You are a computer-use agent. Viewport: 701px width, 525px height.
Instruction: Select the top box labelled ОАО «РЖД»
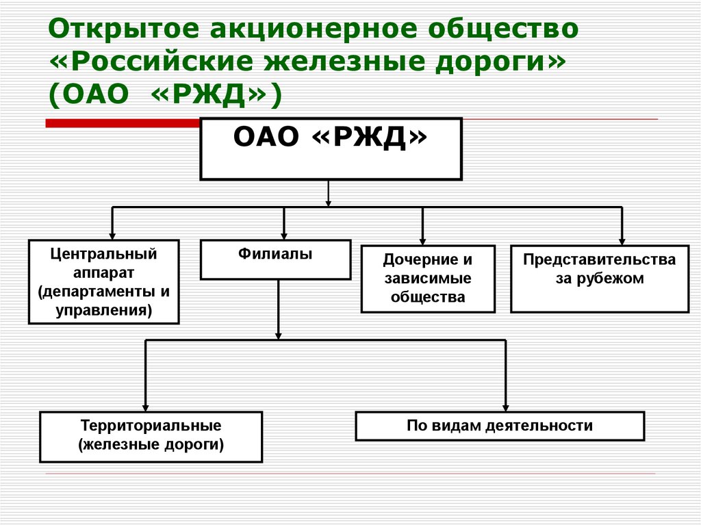330,149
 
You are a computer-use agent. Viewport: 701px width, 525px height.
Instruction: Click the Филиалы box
275,259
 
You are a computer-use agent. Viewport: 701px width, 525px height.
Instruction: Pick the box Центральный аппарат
103,281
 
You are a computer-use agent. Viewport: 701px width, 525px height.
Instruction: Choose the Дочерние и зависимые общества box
428,279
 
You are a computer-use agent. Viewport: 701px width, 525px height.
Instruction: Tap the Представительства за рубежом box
599,279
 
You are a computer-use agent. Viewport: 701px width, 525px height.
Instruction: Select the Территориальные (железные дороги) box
151,436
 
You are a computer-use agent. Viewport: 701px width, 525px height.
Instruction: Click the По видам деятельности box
500,426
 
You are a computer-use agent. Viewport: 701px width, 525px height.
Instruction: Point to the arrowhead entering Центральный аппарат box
112,234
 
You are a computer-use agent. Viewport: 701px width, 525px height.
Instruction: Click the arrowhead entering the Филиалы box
284,234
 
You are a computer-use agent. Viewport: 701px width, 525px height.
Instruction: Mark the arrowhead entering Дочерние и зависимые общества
422,240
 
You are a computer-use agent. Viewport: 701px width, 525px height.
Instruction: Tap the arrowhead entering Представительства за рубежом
622,240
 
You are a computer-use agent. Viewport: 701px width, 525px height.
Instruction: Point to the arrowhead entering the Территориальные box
146,406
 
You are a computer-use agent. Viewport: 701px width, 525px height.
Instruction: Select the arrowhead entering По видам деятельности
505,406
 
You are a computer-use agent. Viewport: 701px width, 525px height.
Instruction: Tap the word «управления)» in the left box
103,310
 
